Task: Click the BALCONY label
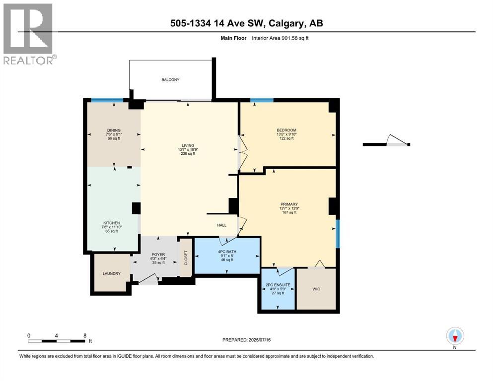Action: [x=170, y=80]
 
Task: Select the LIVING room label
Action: [x=187, y=145]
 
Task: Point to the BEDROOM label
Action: [x=286, y=130]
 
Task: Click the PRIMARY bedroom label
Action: [x=288, y=204]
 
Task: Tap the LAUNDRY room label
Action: [x=111, y=273]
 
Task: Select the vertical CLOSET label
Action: [x=186, y=256]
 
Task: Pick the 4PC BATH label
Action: [x=227, y=252]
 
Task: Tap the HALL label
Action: [x=221, y=225]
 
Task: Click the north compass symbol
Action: [x=455, y=336]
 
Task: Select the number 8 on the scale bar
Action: [x=85, y=335]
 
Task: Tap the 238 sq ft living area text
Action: [x=188, y=154]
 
